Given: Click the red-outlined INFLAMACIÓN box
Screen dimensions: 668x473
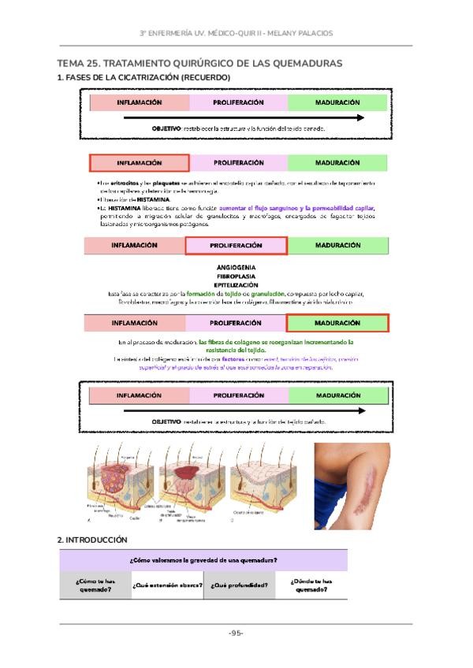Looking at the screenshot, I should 140,163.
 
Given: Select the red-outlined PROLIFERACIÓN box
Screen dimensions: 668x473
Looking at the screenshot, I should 236,245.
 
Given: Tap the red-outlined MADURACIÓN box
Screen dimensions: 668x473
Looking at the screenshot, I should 337,323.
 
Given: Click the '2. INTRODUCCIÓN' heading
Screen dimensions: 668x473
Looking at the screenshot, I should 92,540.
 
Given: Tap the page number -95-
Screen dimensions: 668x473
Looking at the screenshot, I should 236,633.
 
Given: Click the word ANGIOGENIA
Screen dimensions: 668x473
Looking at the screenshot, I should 236,268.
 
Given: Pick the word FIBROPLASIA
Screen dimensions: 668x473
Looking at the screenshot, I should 236,276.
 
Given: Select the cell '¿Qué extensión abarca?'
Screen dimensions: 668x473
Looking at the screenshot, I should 167,585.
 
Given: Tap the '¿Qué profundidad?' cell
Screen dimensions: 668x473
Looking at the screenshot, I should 239,585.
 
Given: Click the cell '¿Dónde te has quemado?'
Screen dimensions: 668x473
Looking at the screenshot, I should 311,585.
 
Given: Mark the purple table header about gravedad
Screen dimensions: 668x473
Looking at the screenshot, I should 203,560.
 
